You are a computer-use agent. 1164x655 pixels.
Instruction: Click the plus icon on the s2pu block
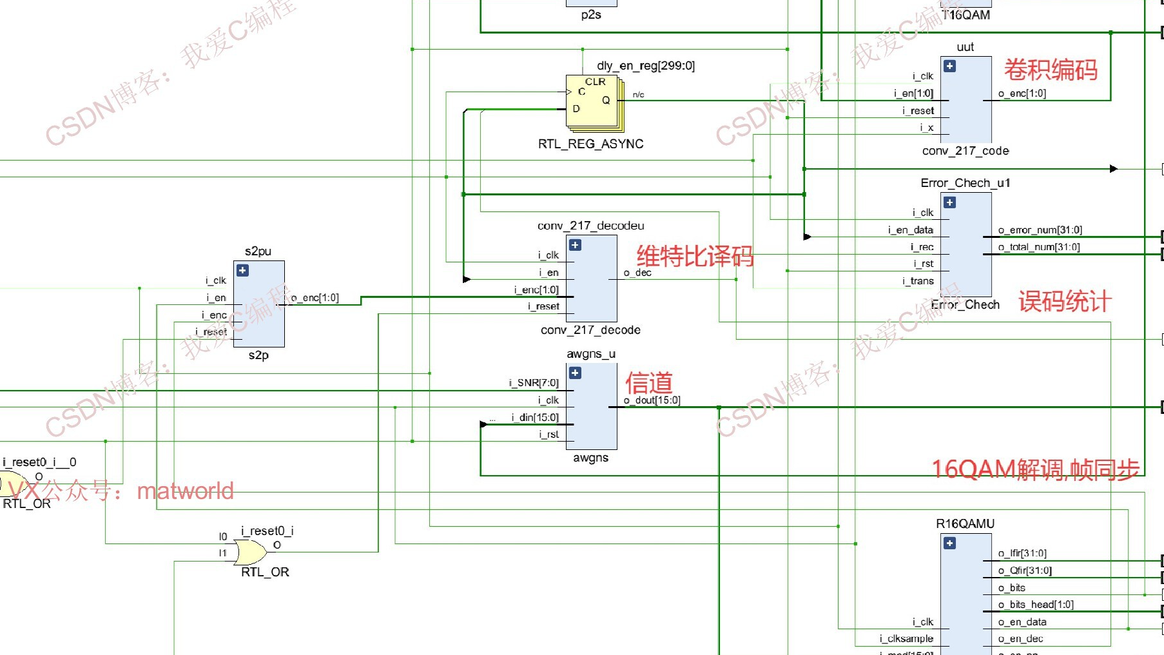pyautogui.click(x=243, y=271)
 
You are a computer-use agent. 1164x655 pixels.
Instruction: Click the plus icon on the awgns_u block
pyautogui.click(x=576, y=373)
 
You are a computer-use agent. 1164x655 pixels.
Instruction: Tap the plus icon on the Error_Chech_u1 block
pyautogui.click(x=949, y=203)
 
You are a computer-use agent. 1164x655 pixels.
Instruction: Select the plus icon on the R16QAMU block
pyautogui.click(x=949, y=543)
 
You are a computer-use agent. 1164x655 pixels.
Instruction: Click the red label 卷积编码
pyautogui.click(x=1051, y=70)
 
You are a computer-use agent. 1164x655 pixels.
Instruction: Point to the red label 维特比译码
pyautogui.click(x=695, y=257)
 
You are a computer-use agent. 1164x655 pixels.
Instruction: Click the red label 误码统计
pyautogui.click(x=1065, y=301)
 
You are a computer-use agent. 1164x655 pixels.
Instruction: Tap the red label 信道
pyautogui.click(x=649, y=383)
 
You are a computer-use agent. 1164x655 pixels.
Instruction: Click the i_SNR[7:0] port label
pyautogui.click(x=534, y=383)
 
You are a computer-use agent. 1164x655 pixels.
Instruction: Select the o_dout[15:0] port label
pyautogui.click(x=652, y=400)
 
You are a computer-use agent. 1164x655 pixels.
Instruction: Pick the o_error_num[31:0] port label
pyautogui.click(x=1040, y=230)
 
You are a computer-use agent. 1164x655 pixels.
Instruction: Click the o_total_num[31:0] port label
pyautogui.click(x=1039, y=247)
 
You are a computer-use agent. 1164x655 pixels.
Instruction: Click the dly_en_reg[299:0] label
pyautogui.click(x=645, y=66)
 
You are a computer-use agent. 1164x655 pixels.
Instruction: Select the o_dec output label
pyautogui.click(x=637, y=273)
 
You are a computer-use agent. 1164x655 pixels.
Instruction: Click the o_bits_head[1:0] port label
pyautogui.click(x=1036, y=605)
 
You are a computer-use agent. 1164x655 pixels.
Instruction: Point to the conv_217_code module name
pyautogui.click(x=965, y=151)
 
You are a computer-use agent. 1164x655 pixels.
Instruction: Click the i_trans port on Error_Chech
pyautogui.click(x=918, y=281)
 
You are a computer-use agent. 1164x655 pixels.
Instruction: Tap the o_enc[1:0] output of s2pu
pyautogui.click(x=315, y=298)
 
